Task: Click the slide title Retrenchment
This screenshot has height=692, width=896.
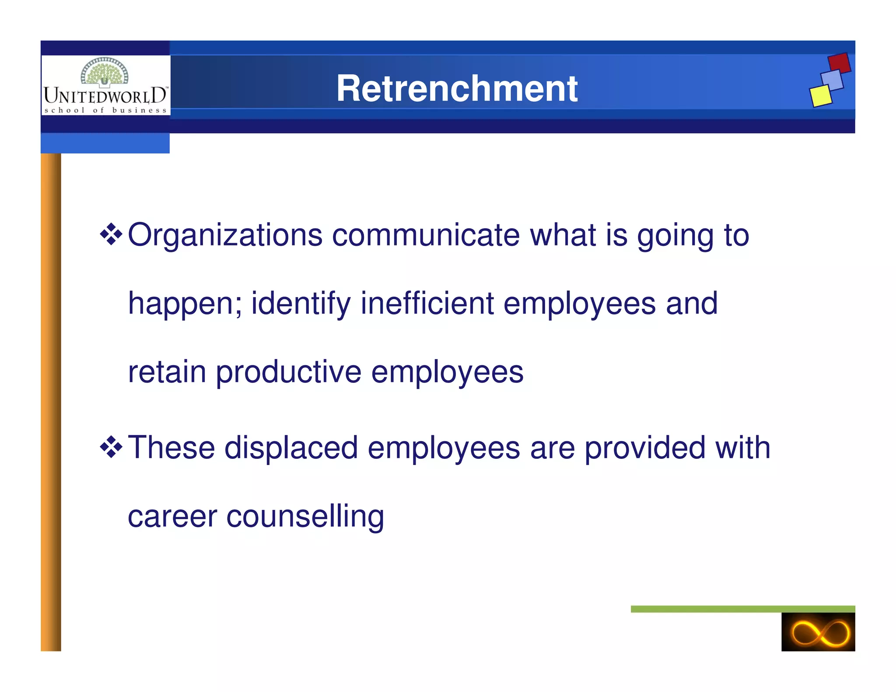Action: tap(457, 88)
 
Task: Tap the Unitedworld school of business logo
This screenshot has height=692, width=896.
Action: tap(105, 86)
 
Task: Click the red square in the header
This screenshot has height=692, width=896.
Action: tap(839, 63)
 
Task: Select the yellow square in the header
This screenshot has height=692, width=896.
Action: tap(820, 96)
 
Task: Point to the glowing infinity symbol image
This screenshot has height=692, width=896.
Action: tap(818, 632)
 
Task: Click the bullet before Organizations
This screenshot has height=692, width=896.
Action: tap(111, 234)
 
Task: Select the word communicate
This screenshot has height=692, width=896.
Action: tap(426, 235)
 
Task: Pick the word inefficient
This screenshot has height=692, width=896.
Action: tap(427, 303)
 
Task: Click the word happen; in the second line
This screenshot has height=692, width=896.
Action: tap(185, 304)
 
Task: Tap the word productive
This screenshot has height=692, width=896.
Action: tap(288, 372)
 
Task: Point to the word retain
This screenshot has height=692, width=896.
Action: tap(167, 372)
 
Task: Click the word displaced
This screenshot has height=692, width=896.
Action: tap(291, 448)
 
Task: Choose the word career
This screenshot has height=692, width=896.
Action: tap(172, 517)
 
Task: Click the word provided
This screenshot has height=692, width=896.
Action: tap(645, 448)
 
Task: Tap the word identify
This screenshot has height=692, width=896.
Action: tap(301, 304)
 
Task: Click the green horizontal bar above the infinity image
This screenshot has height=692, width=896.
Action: tap(742, 609)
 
